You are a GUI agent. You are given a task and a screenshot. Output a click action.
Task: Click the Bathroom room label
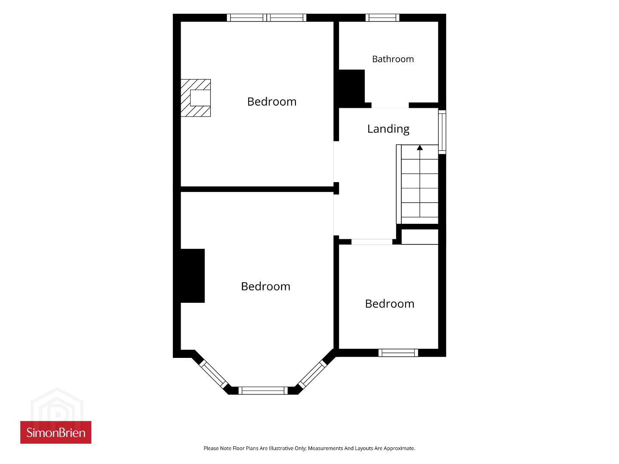pyautogui.click(x=393, y=59)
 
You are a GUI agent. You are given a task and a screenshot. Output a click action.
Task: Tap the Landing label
pyautogui.click(x=388, y=129)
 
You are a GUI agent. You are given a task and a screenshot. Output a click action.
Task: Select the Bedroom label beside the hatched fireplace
pyautogui.click(x=272, y=102)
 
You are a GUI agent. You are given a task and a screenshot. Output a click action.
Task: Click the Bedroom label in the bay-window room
pyautogui.click(x=266, y=286)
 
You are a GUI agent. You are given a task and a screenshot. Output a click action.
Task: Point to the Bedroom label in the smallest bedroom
pyautogui.click(x=390, y=304)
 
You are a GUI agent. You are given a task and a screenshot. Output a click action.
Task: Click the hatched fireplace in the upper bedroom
pyautogui.click(x=196, y=98)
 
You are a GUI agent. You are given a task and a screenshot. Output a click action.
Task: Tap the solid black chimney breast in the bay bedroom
pyautogui.click(x=193, y=276)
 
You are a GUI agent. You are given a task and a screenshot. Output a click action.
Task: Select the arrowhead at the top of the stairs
pyautogui.click(x=420, y=147)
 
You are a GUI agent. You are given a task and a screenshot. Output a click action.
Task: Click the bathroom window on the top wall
pyautogui.click(x=382, y=18)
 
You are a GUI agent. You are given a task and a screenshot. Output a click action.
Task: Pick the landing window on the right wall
pyautogui.click(x=442, y=132)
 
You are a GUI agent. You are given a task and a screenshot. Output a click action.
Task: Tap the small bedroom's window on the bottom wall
pyautogui.click(x=398, y=353)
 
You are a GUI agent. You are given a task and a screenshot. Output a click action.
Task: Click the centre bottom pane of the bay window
pyautogui.click(x=263, y=391)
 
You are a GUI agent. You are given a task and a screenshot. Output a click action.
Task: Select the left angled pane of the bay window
pyautogui.click(x=213, y=375)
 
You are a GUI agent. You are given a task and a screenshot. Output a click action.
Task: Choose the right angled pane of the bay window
pyautogui.click(x=312, y=375)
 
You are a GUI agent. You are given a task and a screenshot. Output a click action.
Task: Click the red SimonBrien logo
pyautogui.click(x=56, y=433)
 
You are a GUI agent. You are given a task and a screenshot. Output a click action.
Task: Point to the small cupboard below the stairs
pyautogui.click(x=420, y=237)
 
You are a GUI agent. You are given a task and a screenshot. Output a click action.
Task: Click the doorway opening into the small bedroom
pyautogui.click(x=372, y=242)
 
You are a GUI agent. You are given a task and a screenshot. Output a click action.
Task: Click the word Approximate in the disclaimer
pyautogui.click(x=399, y=449)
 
